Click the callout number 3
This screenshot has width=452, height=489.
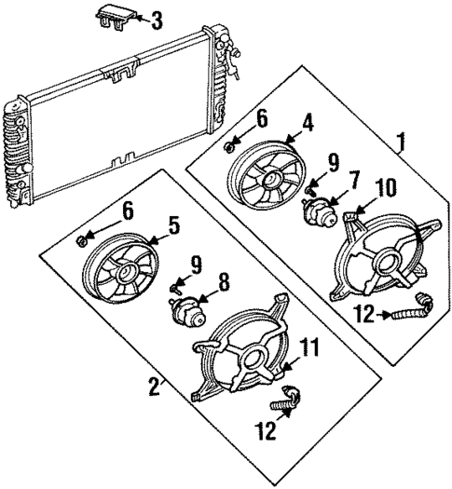[157, 19]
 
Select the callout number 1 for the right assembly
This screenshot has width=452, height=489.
[401, 143]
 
